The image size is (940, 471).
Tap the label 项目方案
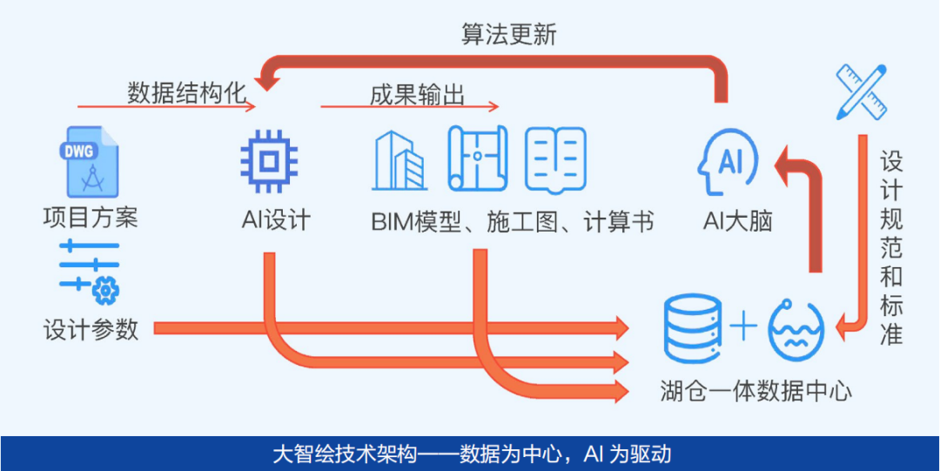click(x=91, y=216)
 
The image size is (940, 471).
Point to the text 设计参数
click(x=91, y=329)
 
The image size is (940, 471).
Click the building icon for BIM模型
click(x=399, y=162)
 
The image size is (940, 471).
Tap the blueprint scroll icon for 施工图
click(x=477, y=158)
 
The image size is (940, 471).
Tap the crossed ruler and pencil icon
click(x=861, y=91)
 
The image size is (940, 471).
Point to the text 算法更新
click(x=508, y=35)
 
